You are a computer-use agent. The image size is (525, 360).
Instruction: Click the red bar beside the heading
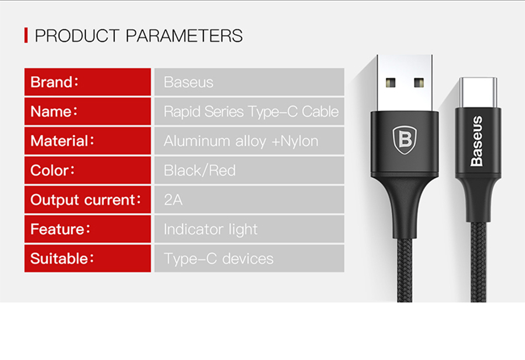pos(26,35)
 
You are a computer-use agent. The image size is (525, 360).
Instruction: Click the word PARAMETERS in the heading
pos(184,36)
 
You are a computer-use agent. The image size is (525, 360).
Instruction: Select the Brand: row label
pos(54,82)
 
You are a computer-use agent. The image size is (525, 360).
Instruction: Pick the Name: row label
pos(54,112)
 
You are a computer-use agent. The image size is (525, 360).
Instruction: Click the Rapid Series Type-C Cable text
pos(251,112)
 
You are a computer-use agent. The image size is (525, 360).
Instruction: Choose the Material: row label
pos(62,141)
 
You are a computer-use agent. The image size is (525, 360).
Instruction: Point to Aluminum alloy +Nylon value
pos(241,141)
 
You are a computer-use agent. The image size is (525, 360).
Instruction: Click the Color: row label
pos(53,170)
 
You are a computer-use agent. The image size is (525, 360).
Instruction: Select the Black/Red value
pos(200,171)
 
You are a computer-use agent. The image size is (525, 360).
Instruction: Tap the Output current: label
pos(86,200)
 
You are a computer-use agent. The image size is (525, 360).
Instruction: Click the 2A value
pos(173,200)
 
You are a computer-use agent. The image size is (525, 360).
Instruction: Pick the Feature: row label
pos(60,229)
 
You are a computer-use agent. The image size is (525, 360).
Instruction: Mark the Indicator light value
pos(211,230)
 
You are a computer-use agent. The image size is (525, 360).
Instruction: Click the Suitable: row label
pos(62,258)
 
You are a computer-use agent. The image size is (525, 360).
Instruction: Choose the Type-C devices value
pos(219,259)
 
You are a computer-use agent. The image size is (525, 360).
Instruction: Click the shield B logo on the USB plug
pos(405,140)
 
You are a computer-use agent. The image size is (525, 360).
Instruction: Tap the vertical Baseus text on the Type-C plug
pos(477,141)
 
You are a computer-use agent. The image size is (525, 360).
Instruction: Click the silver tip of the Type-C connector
pos(478,93)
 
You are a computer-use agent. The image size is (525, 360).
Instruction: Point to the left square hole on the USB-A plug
pos(390,82)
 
